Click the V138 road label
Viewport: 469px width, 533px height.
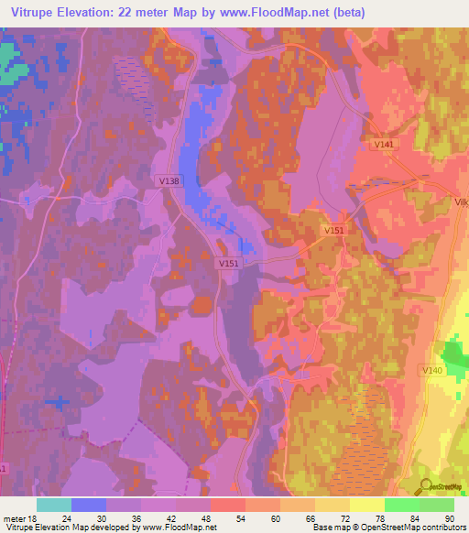pos(169,181)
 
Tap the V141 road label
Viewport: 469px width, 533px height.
pos(383,145)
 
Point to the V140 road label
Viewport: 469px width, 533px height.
pos(432,369)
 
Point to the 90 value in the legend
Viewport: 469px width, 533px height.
pos(449,517)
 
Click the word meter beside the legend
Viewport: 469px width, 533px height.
pos(15,517)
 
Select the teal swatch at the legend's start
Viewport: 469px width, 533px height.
pos(54,505)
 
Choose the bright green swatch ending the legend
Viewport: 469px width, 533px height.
pos(437,505)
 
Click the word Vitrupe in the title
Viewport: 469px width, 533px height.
pos(33,13)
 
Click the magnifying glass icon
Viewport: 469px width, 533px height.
pos(423,487)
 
